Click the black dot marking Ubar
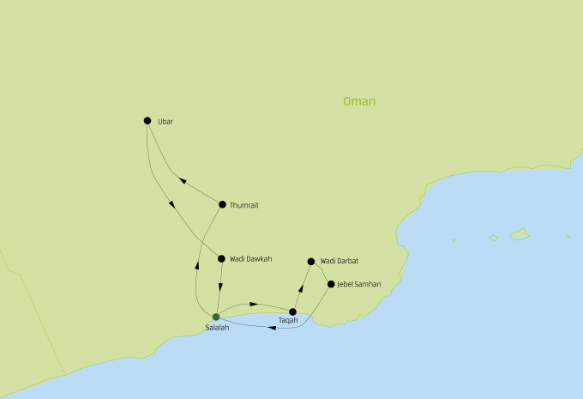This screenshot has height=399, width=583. click(147, 121)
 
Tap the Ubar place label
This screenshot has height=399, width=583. click(165, 122)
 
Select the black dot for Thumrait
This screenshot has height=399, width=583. click(222, 204)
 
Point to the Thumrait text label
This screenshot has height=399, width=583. click(244, 205)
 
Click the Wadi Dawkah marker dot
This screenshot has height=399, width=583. click(221, 258)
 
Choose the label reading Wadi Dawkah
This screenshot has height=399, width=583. click(250, 258)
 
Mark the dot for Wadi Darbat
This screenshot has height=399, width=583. click(310, 261)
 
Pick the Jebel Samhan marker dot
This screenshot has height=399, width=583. click(331, 283)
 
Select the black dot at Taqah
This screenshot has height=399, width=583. click(292, 312)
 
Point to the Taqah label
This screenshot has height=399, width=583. click(289, 322)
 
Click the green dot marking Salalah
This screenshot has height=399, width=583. click(216, 317)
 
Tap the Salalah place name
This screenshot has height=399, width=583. click(218, 328)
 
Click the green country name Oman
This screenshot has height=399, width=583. click(358, 101)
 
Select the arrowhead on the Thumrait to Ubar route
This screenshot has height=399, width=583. click(180, 180)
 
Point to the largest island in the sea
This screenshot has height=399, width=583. click(519, 233)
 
